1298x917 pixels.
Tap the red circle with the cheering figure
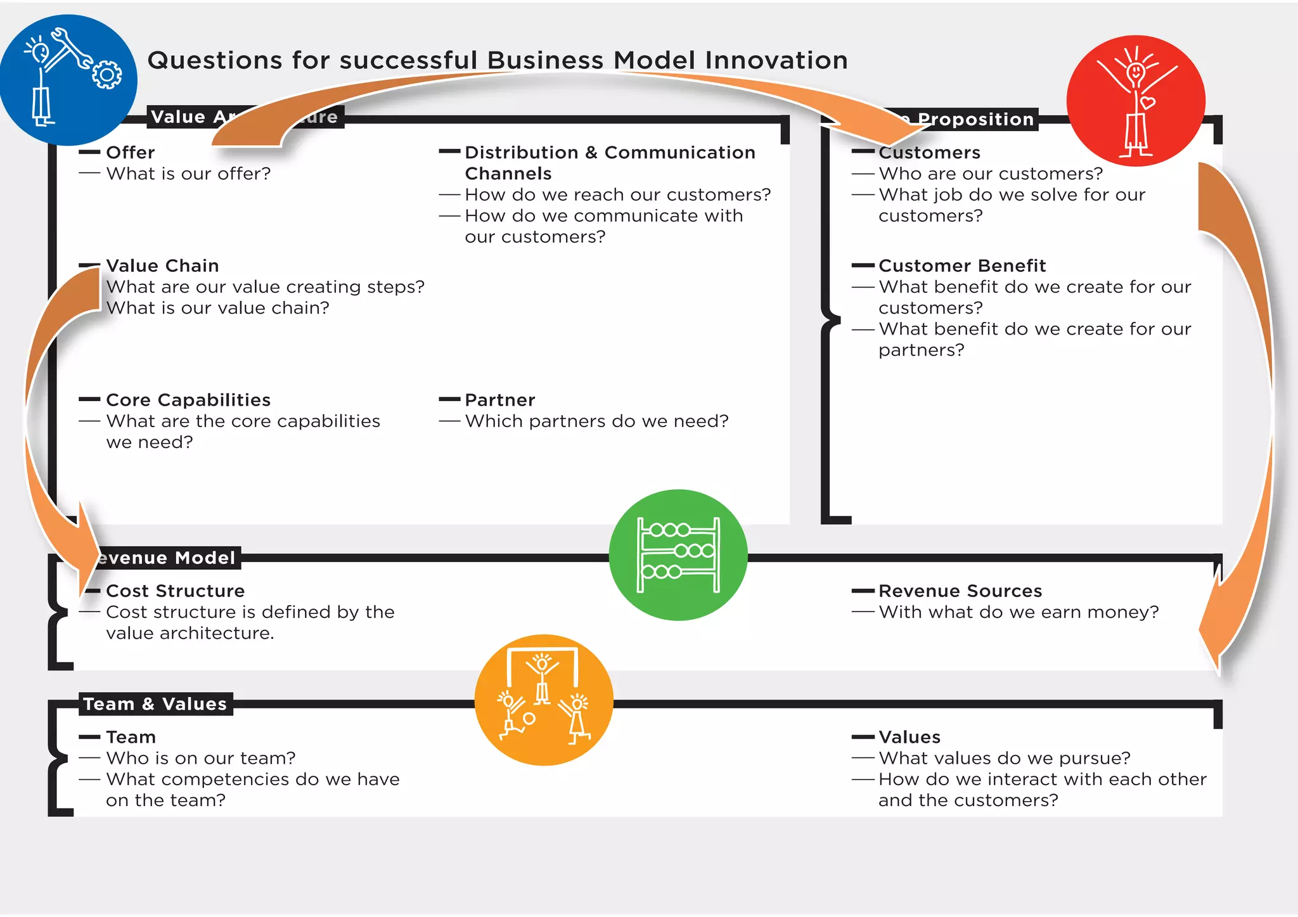pyautogui.click(x=1136, y=101)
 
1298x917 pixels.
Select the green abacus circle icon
pyautogui.click(x=678, y=555)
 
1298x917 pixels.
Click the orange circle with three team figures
pyautogui.click(x=544, y=700)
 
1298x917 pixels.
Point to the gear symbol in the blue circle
pyautogui.click(x=106, y=75)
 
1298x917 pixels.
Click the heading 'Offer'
pyautogui.click(x=131, y=153)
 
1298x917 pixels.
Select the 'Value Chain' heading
pyautogui.click(x=162, y=266)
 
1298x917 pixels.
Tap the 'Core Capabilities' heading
pyautogui.click(x=188, y=400)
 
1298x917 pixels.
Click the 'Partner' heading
pyautogui.click(x=500, y=400)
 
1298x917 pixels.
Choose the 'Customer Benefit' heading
pyautogui.click(x=962, y=266)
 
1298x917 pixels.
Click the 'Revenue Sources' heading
pyautogui.click(x=960, y=591)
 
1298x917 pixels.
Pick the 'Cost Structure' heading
pyautogui.click(x=176, y=591)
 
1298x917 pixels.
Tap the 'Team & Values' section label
pyautogui.click(x=155, y=704)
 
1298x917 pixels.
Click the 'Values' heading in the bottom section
pyautogui.click(x=909, y=737)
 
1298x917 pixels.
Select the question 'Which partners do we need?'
pyautogui.click(x=596, y=421)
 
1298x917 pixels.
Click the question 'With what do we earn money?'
pyautogui.click(x=1018, y=612)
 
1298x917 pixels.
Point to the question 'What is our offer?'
pyautogui.click(x=188, y=174)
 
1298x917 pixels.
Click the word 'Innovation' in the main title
pyautogui.click(x=776, y=60)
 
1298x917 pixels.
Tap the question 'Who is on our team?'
pyautogui.click(x=201, y=758)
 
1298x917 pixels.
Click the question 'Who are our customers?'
pyautogui.click(x=991, y=174)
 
